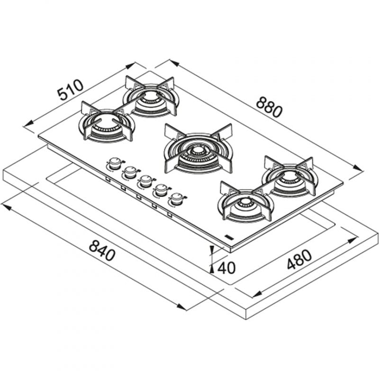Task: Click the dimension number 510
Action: (71, 90)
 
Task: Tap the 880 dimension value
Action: (269, 107)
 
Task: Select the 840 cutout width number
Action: (102, 250)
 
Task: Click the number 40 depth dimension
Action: (226, 268)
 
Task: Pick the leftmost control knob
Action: (115, 164)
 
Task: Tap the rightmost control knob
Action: (177, 199)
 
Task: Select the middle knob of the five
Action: (146, 181)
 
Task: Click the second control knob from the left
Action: (131, 172)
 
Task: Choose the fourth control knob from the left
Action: (162, 190)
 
